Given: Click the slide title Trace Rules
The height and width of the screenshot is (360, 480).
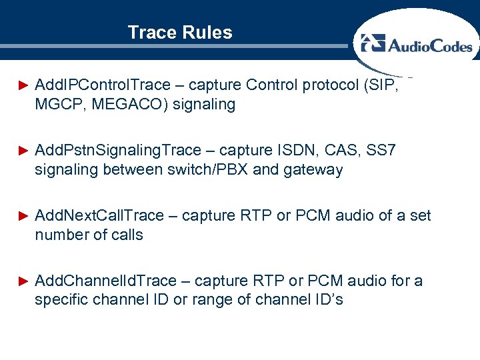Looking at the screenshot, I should [180, 33].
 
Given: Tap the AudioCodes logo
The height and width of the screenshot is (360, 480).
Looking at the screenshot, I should [417, 45].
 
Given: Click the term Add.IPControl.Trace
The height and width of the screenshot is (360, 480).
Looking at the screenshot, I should [103, 85].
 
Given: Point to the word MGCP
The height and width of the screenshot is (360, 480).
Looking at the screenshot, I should [57, 105].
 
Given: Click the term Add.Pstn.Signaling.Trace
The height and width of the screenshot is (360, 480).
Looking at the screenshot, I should [125, 151].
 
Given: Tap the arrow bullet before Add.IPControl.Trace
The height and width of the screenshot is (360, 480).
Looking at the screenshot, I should [23, 85].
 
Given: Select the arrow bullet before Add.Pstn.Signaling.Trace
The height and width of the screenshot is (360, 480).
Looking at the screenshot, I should [23, 151].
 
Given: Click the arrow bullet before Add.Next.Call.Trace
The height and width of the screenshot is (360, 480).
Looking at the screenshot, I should [23, 216].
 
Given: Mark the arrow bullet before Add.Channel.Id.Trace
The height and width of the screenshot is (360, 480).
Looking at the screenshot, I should [23, 281].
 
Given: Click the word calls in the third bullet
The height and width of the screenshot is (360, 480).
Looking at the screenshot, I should [127, 235].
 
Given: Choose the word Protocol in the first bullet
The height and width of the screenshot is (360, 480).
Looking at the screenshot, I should [315, 85].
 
